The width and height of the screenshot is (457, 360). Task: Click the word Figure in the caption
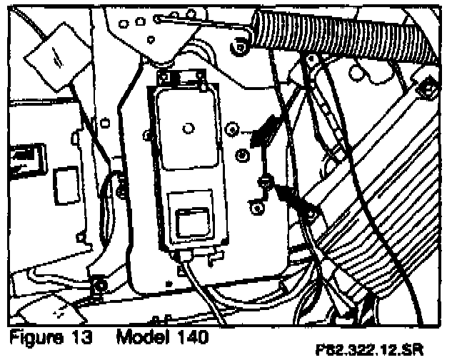pos(33,336)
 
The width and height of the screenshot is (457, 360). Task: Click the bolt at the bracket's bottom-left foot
pos(99,284)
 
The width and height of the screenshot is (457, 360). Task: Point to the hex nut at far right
pos(427,89)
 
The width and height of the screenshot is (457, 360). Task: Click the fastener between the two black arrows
pos(265,180)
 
